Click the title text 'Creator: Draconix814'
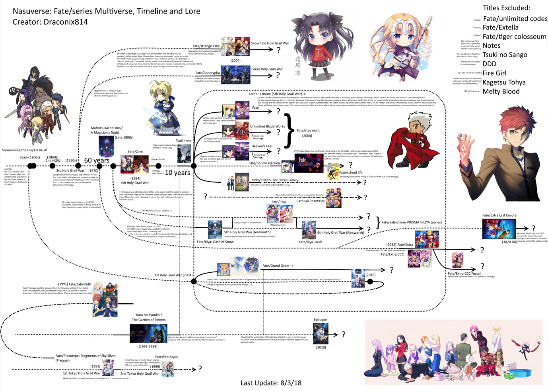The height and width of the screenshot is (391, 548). [50, 22]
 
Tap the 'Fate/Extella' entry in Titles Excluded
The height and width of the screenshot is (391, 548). [501, 27]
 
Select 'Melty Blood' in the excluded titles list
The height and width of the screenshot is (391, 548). [501, 92]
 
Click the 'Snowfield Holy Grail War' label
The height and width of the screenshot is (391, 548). [270, 43]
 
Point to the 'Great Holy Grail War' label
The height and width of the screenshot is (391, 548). [267, 69]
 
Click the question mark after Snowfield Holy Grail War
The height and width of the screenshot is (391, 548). [278, 50]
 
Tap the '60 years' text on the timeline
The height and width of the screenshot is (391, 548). [97, 160]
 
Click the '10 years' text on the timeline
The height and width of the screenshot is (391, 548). [177, 173]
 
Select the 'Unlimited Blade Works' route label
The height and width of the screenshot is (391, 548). [267, 126]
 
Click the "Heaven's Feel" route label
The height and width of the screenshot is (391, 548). [262, 146]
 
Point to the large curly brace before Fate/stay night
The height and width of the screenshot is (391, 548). [290, 131]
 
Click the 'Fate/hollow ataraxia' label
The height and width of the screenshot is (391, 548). [264, 163]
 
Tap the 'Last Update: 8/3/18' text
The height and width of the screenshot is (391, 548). [271, 383]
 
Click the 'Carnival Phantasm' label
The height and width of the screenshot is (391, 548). [310, 201]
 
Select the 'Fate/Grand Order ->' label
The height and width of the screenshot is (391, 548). [278, 266]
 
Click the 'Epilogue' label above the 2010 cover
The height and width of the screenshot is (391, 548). [320, 320]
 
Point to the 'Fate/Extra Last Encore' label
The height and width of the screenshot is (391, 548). [499, 215]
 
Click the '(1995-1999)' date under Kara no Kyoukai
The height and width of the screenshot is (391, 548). [148, 346]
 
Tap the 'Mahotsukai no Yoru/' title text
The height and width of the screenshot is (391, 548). [107, 128]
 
